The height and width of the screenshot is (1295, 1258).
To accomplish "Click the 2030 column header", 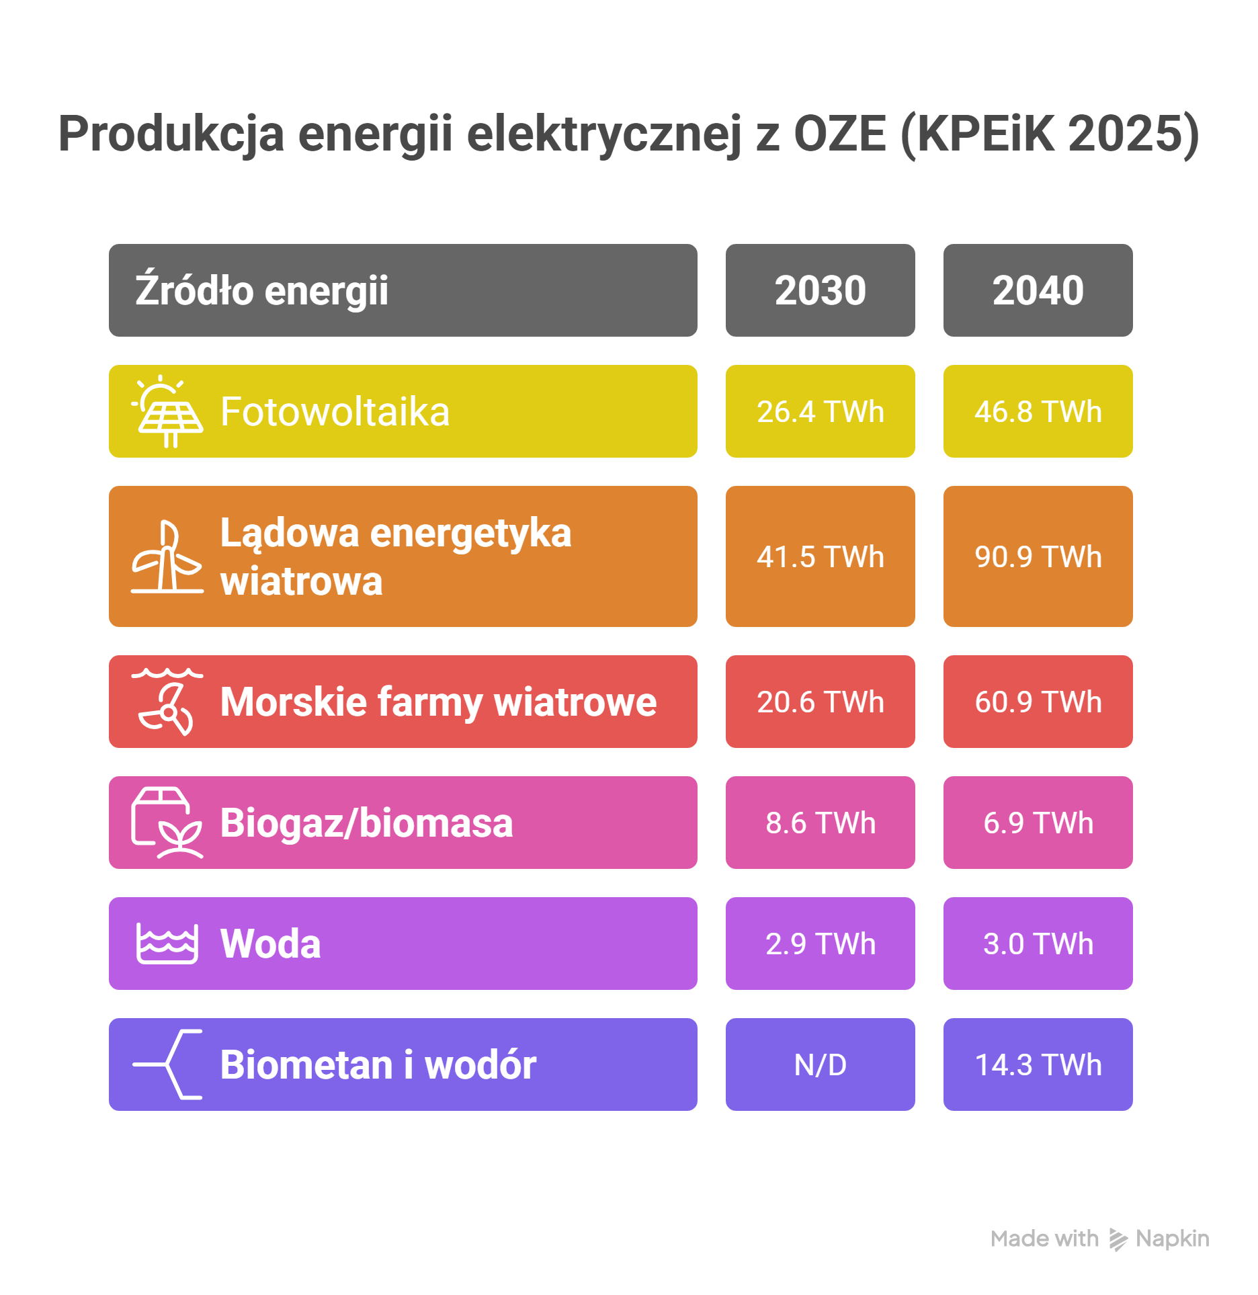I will click(x=820, y=290).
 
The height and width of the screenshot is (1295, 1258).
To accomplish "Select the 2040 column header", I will click(x=1038, y=290).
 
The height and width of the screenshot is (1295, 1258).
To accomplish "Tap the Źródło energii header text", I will click(x=262, y=290).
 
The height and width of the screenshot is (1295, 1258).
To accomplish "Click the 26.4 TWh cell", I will click(x=820, y=411).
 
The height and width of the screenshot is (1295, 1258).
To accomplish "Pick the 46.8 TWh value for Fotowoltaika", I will click(x=1038, y=411).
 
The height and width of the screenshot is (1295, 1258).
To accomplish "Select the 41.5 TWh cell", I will click(x=820, y=556).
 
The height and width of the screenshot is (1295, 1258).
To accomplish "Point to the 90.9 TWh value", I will click(x=1038, y=556).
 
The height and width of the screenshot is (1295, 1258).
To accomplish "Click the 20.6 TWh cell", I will click(x=820, y=702).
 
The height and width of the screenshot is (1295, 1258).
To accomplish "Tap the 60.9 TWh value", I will click(x=1038, y=702).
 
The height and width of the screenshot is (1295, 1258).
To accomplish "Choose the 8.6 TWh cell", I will click(x=820, y=823).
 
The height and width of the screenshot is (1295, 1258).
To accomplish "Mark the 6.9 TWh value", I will click(x=1038, y=823).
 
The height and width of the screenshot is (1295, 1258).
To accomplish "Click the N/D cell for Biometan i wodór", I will click(x=820, y=1064).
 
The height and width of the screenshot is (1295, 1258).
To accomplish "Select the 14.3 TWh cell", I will click(x=1038, y=1064).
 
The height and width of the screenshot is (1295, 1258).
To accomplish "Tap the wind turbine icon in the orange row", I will click(x=167, y=556).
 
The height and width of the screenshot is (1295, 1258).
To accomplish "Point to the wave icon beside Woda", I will click(x=167, y=944).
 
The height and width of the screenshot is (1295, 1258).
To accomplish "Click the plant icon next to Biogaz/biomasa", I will click(x=167, y=823).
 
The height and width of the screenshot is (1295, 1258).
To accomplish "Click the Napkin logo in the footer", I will click(x=1118, y=1239).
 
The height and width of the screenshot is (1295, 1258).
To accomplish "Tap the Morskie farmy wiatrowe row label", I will click(x=438, y=702).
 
